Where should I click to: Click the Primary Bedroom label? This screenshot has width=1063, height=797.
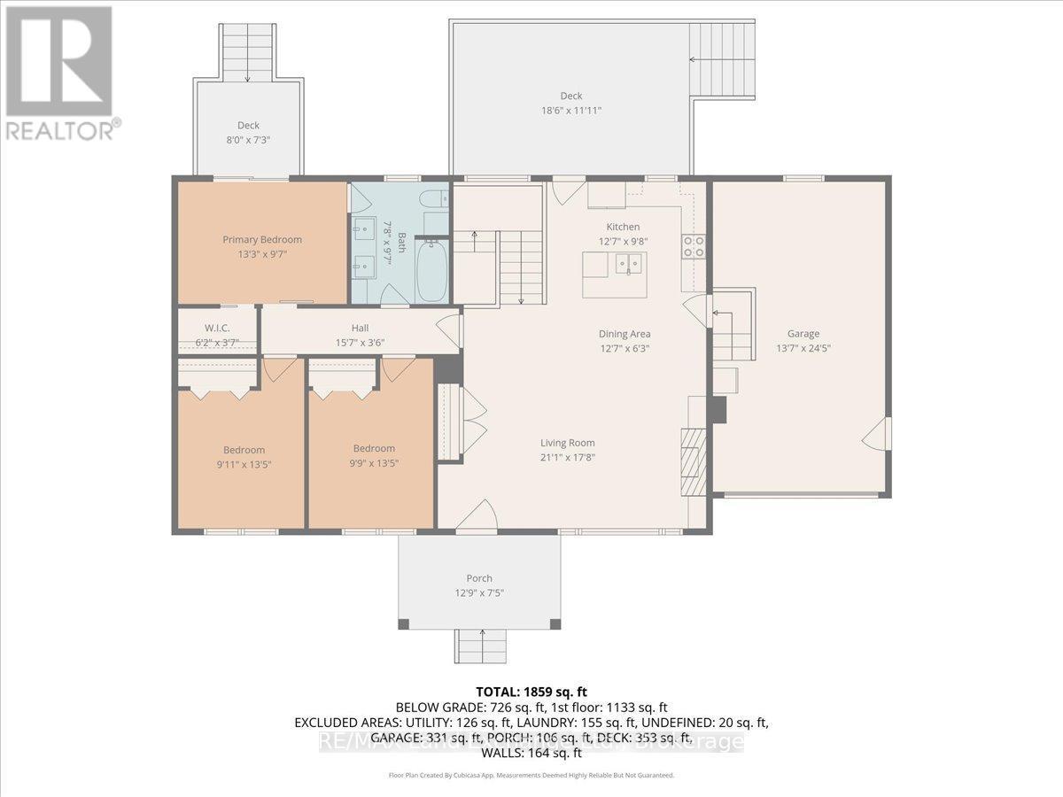tap(261, 239)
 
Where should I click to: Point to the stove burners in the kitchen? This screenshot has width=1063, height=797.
tap(692, 246)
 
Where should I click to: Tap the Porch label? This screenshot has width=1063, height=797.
tap(479, 578)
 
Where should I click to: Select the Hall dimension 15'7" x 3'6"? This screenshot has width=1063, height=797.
tap(359, 343)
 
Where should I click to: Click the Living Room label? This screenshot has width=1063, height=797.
tap(568, 443)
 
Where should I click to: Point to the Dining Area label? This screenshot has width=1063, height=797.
tap(624, 334)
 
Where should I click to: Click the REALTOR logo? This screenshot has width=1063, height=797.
tap(59, 71)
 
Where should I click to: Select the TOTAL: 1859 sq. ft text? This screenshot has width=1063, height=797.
tap(531, 692)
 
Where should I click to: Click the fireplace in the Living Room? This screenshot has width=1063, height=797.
tap(694, 460)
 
